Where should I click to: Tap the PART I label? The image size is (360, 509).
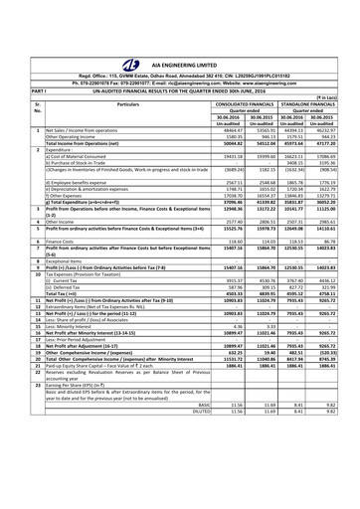pos(14,55)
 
